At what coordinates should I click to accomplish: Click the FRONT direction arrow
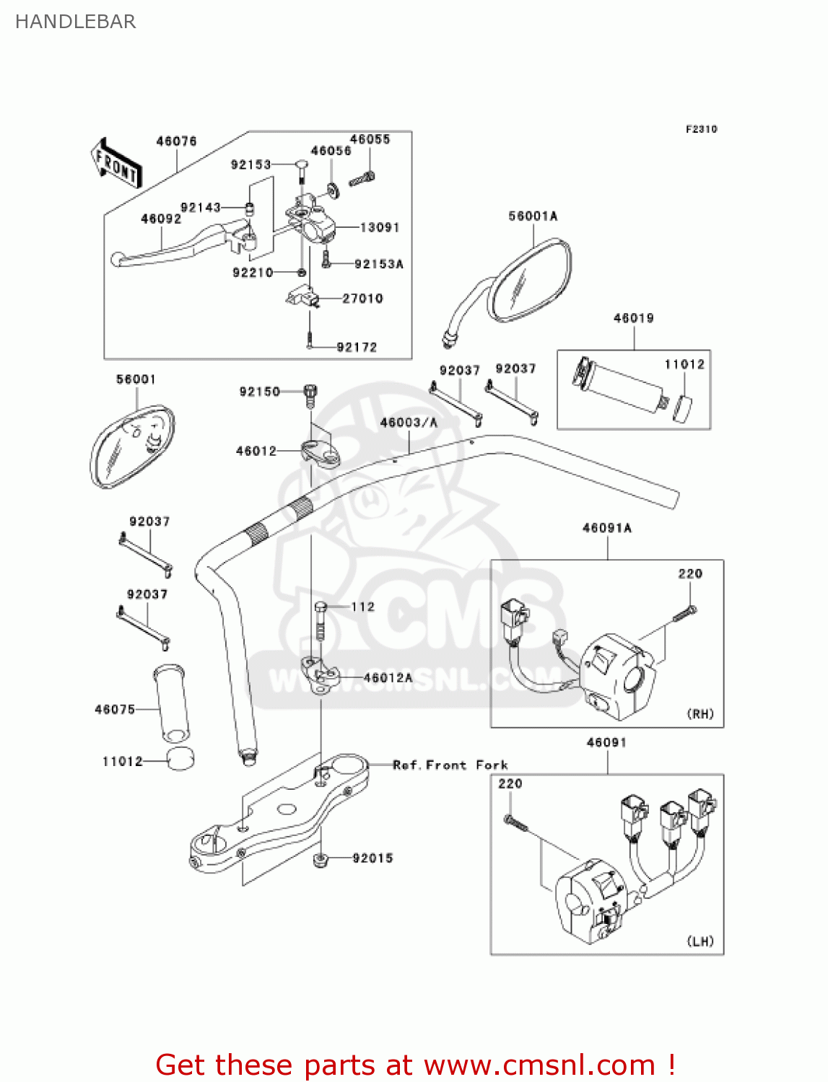point(116,164)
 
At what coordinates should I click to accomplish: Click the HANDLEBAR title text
point(75,22)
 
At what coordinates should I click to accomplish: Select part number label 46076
point(176,141)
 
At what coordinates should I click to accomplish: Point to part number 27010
point(362,299)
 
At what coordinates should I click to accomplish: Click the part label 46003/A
point(409,423)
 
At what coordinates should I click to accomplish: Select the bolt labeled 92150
point(310,393)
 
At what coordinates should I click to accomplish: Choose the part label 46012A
point(388,678)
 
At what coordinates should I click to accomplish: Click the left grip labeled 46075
point(172,703)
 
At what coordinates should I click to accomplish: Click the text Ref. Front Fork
point(450,765)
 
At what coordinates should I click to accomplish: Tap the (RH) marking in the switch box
point(700,714)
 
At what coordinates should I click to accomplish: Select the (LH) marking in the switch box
point(700,941)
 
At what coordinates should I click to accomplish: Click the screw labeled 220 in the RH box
point(685,614)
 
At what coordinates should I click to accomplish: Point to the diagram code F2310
point(701,129)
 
